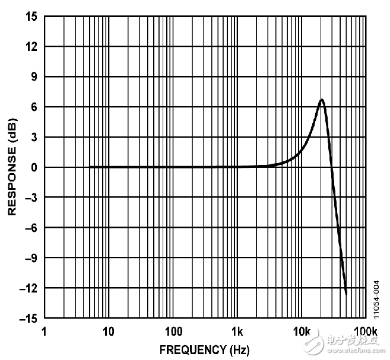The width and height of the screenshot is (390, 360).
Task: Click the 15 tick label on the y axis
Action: [x=31, y=17]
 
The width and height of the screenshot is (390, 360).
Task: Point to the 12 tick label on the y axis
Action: [x=31, y=47]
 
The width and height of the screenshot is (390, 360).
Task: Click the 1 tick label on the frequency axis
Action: [x=44, y=331]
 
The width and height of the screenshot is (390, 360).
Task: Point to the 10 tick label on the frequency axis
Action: [x=108, y=331]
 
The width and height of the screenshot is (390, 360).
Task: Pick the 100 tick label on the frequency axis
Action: [x=173, y=331]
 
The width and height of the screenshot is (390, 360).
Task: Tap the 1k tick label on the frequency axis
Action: [x=237, y=331]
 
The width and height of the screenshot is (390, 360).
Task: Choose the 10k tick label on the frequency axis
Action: [x=302, y=331]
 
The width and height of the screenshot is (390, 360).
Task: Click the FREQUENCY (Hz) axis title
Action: [x=192, y=349]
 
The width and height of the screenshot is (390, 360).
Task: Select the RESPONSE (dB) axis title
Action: [x=11, y=167]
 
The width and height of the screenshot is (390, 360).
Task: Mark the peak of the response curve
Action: [x=322, y=100]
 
